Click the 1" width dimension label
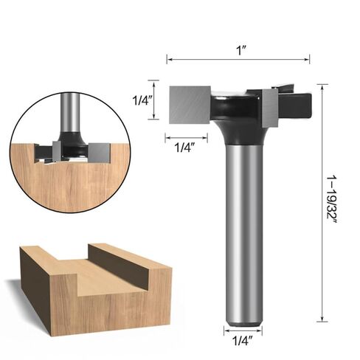point(241,51)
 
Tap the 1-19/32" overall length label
point(332,199)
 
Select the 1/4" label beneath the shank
point(243,341)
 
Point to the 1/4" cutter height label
point(142,100)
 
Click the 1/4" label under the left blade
point(184,148)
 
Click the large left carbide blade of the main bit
point(190,105)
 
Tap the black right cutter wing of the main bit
point(296,105)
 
